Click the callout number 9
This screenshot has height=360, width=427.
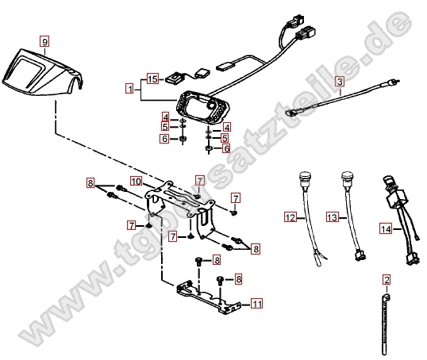[x=44, y=40]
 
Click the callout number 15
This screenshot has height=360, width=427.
[x=152, y=79]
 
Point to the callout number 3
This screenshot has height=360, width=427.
[x=339, y=81]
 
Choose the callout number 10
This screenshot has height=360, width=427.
[x=136, y=182]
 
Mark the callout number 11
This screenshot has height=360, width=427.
[x=256, y=304]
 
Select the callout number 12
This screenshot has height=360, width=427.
[x=290, y=216]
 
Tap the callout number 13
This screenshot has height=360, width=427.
[x=332, y=216]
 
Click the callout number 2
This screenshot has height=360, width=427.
[x=387, y=279]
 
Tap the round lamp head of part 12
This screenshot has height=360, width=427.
[x=304, y=177]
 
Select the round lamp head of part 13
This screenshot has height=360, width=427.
[x=346, y=177]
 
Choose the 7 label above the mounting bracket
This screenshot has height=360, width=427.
[x=200, y=181]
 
